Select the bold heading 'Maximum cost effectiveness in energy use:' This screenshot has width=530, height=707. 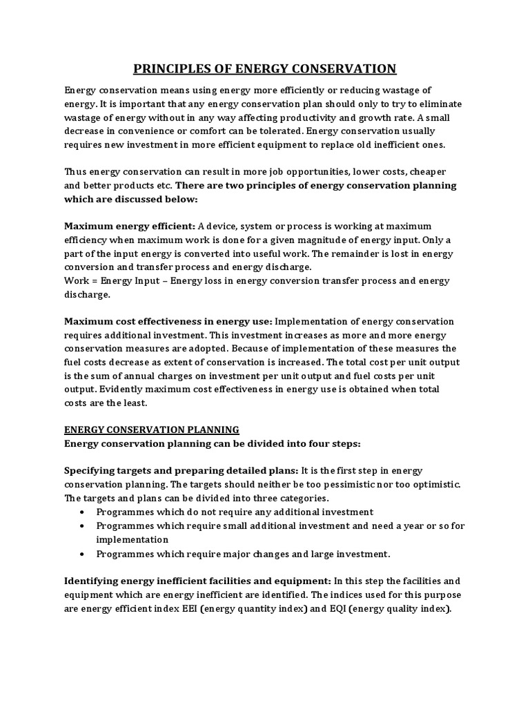click(x=168, y=321)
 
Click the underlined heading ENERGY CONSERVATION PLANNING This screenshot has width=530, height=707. click(x=152, y=429)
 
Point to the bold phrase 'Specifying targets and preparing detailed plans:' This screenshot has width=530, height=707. click(x=181, y=470)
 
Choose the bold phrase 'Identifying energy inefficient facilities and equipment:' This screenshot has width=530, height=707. click(x=198, y=581)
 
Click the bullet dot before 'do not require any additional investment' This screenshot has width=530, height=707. click(x=82, y=512)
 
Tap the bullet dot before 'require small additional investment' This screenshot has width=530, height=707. click(x=82, y=526)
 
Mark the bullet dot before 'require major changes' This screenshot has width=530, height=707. click(x=82, y=554)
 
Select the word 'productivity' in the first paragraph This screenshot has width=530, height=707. click(x=312, y=117)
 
